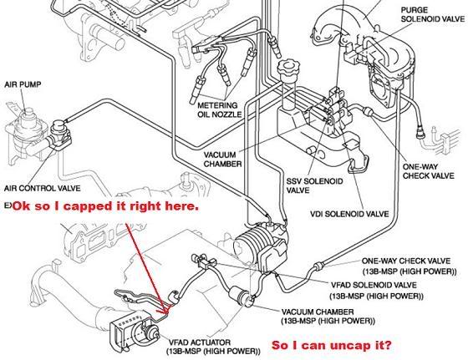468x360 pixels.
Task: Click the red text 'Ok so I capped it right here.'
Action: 101,205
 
